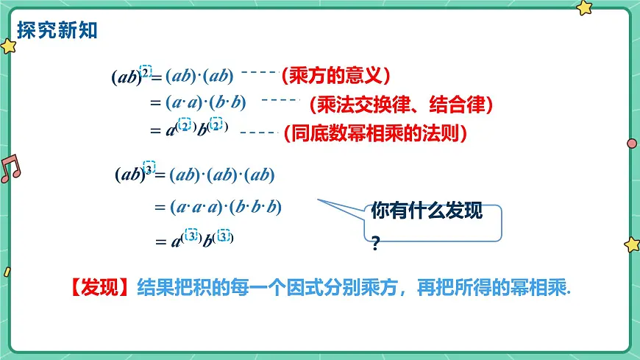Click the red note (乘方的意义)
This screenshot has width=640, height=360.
click(335, 75)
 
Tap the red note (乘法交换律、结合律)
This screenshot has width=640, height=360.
click(400, 105)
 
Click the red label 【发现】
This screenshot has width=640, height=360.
click(99, 289)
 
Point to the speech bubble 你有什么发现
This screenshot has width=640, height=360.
click(427, 212)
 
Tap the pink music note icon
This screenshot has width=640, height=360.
click(10, 169)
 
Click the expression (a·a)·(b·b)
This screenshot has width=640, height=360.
click(206, 103)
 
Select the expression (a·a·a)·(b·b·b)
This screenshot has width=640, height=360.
click(226, 207)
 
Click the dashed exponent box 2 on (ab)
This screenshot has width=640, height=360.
click(146, 71)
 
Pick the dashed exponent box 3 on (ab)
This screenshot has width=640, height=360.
click(149, 169)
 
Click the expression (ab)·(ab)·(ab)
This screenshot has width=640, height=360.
click(221, 175)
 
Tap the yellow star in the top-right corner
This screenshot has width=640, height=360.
click(584, 7)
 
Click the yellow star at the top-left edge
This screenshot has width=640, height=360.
click(8, 46)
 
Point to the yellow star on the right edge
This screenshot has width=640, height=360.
click(632, 244)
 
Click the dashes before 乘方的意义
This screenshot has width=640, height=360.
click(257, 72)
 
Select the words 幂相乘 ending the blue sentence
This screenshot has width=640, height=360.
click(544, 289)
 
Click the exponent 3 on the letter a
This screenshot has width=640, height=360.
click(191, 236)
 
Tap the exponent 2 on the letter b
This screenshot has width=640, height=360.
click(217, 125)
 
